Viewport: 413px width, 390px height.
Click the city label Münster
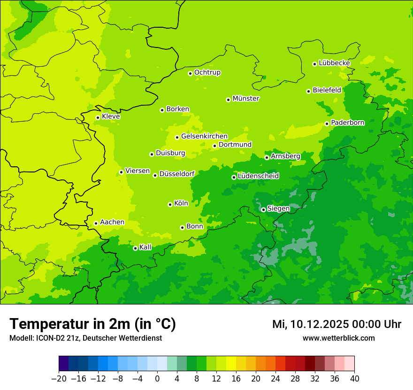pos(246,99)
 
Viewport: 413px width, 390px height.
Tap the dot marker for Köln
pos(170,204)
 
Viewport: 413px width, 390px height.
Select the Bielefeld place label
pos(327,90)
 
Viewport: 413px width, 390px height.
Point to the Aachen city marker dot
pos(96,223)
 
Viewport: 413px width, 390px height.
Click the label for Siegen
pos(278,209)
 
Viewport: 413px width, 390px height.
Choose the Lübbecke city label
pos(334,63)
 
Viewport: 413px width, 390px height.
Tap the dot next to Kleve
pos(98,117)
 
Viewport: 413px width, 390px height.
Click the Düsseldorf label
pos(177,174)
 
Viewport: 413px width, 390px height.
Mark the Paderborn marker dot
pos(327,124)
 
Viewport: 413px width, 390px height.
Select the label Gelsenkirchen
pos(204,136)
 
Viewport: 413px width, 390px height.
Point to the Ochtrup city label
pos(207,72)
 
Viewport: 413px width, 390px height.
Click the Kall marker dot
pos(135,248)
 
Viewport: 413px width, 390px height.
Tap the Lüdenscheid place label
pos(258,176)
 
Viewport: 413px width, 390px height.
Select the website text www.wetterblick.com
pos(338,338)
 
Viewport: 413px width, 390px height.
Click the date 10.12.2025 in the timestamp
pos(318,324)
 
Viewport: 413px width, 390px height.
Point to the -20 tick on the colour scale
pos(59,379)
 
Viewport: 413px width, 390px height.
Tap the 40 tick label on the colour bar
pos(354,379)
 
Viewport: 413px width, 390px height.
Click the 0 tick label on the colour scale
pos(157,379)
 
